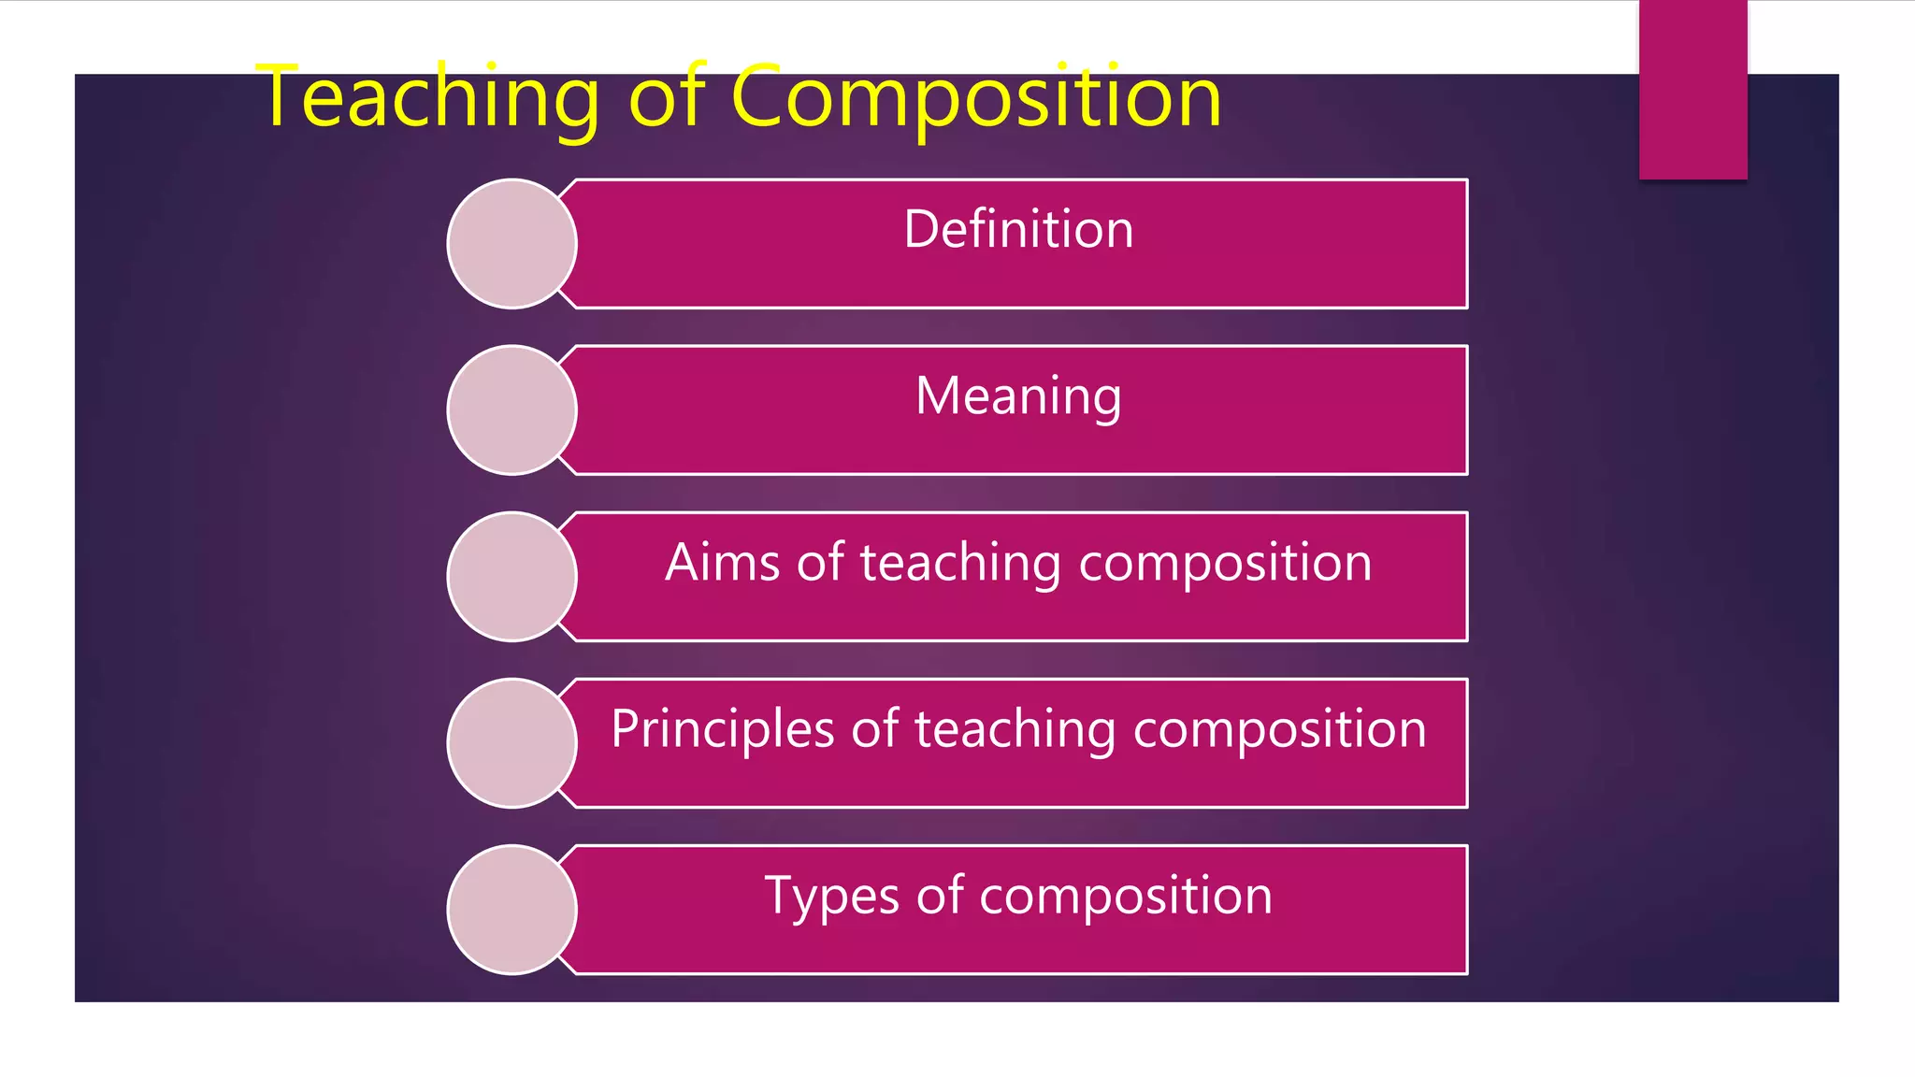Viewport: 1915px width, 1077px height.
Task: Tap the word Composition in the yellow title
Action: pyautogui.click(x=975, y=97)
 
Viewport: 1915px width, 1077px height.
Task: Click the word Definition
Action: pyautogui.click(x=1018, y=229)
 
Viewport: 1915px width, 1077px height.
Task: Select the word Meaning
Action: pyautogui.click(x=1018, y=396)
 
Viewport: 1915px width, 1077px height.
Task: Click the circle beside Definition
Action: pyautogui.click(x=511, y=243)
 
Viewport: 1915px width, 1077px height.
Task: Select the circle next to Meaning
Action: pyautogui.click(x=511, y=409)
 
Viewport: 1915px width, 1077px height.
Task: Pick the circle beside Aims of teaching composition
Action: pyautogui.click(x=511, y=576)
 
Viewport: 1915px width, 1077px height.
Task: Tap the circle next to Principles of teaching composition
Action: pyautogui.click(x=511, y=742)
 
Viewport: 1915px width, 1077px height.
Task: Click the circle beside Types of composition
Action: pyautogui.click(x=511, y=909)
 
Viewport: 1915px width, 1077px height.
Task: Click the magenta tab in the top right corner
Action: pyautogui.click(x=1692, y=90)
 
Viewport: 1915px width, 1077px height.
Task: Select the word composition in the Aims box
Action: pyautogui.click(x=1225, y=565)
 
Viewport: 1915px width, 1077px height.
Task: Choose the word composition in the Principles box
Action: pyautogui.click(x=1279, y=731)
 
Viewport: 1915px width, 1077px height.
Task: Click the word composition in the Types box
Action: pyautogui.click(x=1126, y=897)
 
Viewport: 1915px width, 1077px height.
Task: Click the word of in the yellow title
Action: pyautogui.click(x=667, y=97)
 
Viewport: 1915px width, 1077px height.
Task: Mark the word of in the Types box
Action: pyautogui.click(x=940, y=896)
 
